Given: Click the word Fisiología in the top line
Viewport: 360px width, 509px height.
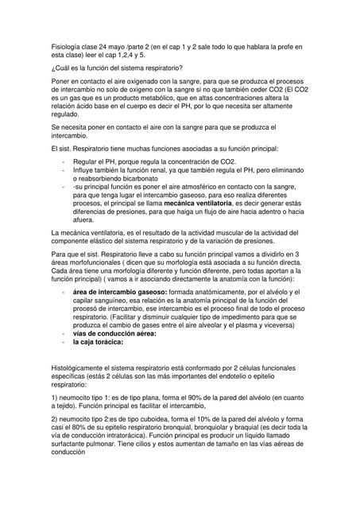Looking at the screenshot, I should [x=65, y=49].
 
